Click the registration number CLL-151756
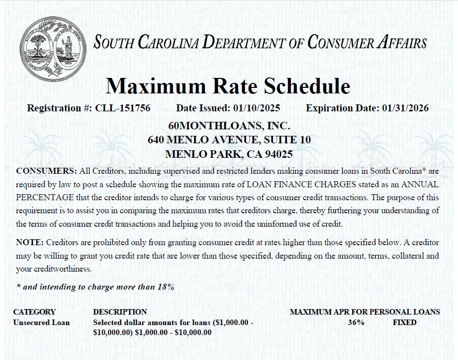click(x=122, y=108)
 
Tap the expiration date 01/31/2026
click(x=405, y=108)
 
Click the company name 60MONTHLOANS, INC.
click(x=229, y=125)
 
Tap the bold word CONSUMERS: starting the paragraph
click(x=46, y=170)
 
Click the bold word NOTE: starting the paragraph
click(x=30, y=243)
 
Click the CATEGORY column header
click(x=34, y=312)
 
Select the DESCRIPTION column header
click(x=120, y=312)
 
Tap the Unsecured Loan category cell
click(x=41, y=323)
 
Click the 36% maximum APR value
click(x=356, y=323)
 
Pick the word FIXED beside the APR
click(x=404, y=323)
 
